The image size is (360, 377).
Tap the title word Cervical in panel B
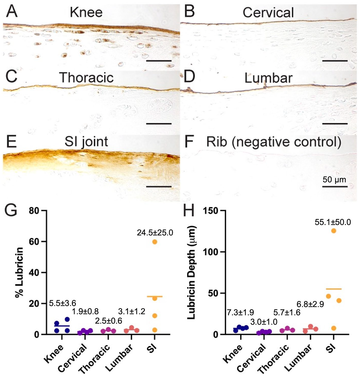click(x=268, y=12)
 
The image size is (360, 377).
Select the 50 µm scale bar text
click(x=334, y=180)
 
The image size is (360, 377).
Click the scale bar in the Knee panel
click(x=159, y=61)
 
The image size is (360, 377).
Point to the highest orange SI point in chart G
click(x=155, y=242)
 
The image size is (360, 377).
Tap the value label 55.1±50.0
click(x=333, y=222)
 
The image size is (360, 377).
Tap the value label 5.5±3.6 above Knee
click(x=63, y=303)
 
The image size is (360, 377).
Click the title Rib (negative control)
click(x=274, y=142)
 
